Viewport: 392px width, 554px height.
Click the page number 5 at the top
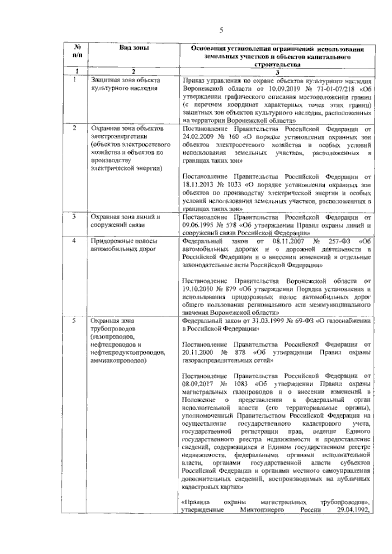pyautogui.click(x=221, y=30)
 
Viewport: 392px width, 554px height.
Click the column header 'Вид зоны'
pyautogui.click(x=134, y=48)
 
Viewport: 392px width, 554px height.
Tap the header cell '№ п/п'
pyautogui.click(x=76, y=51)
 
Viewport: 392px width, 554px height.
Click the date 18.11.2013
pyautogui.click(x=197, y=185)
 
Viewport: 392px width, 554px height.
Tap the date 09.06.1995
pyautogui.click(x=198, y=225)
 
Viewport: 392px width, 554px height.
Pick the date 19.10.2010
pyautogui.click(x=197, y=289)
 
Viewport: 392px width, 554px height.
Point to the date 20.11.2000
pyautogui.click(x=197, y=353)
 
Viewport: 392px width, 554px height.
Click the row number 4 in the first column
pyautogui.click(x=74, y=241)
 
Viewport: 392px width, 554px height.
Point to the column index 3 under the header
pyautogui.click(x=277, y=72)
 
